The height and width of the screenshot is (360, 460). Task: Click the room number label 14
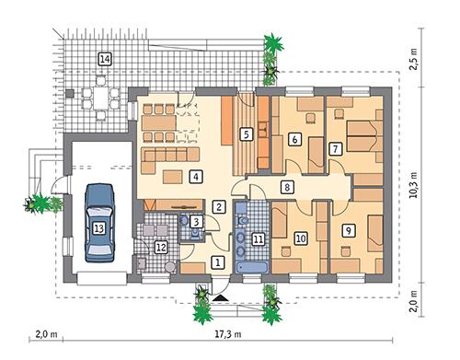105,60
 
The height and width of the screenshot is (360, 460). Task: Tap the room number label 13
99,224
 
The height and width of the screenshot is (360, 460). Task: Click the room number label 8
287,187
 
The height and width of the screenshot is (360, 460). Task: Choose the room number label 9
348,230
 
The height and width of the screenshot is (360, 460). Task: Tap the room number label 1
218,262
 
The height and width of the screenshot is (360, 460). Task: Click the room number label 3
195,221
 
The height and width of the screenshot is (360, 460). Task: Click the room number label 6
294,140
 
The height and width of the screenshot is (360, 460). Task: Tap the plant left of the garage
40,202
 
